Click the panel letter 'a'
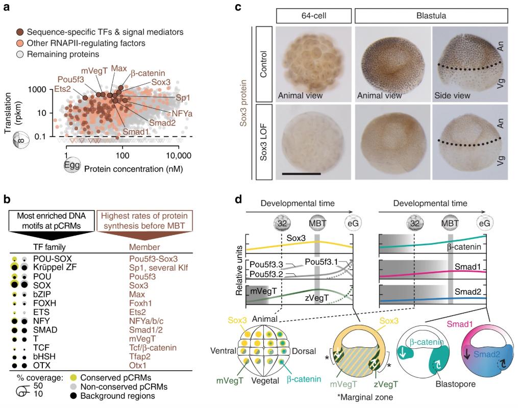tap(8, 8)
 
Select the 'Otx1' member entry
tap(139, 365)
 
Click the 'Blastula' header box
tap(431, 16)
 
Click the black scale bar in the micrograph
tap(301, 174)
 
